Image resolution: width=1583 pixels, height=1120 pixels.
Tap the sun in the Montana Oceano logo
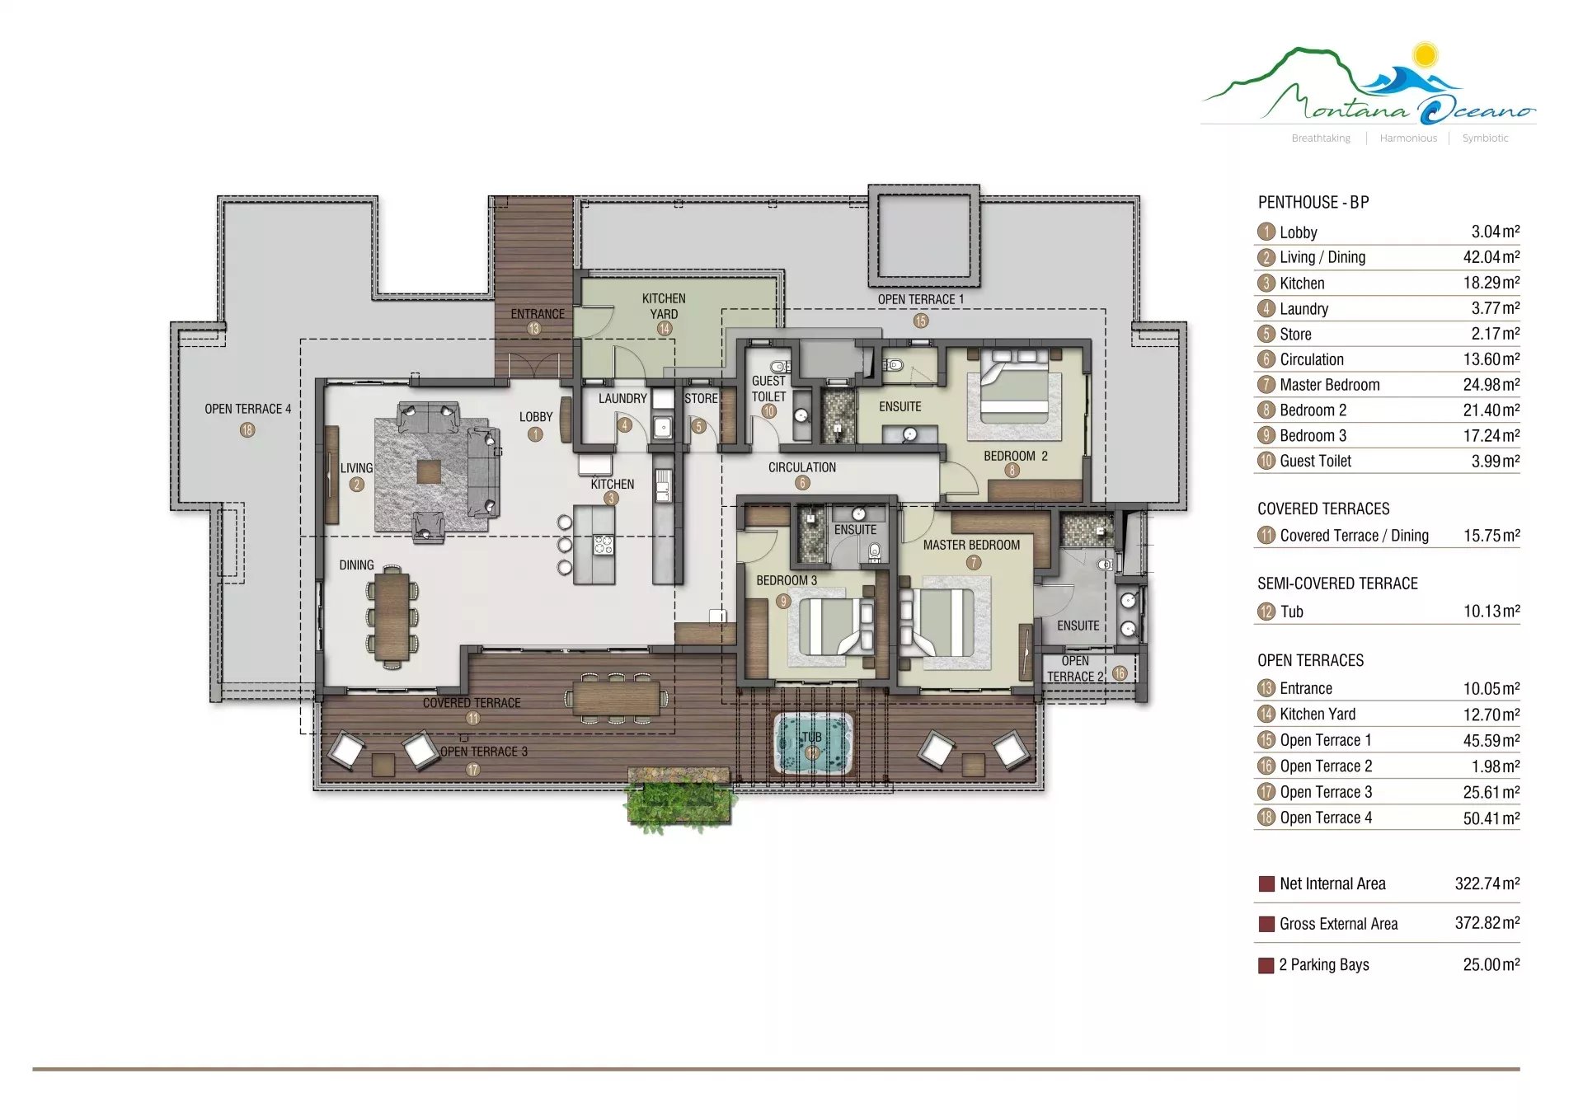1424,55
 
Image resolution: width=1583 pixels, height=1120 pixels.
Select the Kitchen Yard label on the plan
664,306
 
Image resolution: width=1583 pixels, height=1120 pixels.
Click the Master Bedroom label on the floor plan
971,545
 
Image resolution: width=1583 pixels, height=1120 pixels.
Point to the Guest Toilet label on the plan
768,388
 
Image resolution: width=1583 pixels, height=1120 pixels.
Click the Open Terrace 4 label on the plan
247,409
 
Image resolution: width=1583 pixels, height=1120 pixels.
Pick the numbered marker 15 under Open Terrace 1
921,321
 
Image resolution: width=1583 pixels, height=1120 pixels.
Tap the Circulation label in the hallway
802,467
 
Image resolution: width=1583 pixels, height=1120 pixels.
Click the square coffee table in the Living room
428,471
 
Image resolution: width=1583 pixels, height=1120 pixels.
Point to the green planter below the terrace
679,798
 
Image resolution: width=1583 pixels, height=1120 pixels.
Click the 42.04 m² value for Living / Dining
1491,257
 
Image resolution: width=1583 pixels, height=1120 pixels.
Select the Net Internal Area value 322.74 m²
1487,883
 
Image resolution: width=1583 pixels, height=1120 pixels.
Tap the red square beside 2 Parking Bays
1266,966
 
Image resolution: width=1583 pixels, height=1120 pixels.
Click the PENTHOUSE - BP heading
1313,203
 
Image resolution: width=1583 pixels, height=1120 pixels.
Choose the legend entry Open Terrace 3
1326,792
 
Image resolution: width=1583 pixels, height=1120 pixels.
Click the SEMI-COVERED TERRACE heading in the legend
1337,583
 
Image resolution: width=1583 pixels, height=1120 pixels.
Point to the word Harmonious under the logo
1408,138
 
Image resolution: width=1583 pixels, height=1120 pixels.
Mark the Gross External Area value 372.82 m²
1487,923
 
